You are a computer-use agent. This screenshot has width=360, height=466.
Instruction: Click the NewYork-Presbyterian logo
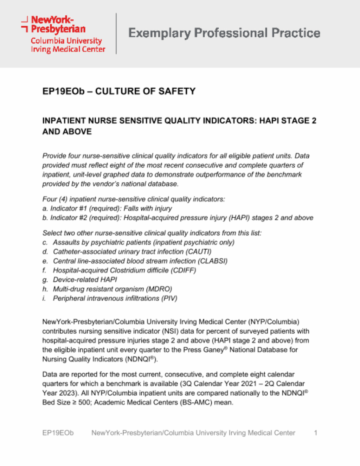[x=63, y=34]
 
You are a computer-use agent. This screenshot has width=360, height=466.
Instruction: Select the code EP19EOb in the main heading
[x=63, y=91]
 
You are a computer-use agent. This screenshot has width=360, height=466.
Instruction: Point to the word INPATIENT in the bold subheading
[x=64, y=121]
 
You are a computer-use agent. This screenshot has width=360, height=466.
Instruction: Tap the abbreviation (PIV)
[x=169, y=298]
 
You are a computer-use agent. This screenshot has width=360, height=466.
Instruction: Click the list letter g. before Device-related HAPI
[x=45, y=280]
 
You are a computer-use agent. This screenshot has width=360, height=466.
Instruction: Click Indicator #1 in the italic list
[x=69, y=209]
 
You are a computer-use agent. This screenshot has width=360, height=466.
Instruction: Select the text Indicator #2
[x=69, y=218]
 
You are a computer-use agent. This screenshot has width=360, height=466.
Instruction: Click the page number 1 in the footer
[x=316, y=433]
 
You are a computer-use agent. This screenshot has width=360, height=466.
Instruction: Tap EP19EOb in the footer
[x=58, y=433]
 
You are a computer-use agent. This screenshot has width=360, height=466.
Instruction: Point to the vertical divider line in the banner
[x=116, y=33]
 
